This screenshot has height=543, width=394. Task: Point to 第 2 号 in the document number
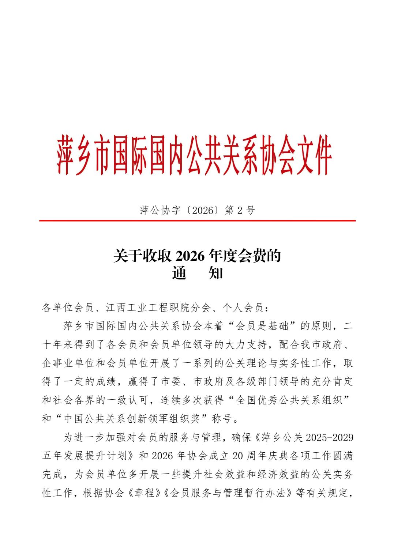(x=240, y=210)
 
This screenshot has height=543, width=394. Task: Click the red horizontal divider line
(x=197, y=221)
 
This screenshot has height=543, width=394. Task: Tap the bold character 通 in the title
(x=179, y=273)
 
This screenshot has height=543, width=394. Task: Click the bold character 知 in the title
(x=215, y=273)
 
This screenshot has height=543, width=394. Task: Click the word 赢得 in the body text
(x=138, y=381)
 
